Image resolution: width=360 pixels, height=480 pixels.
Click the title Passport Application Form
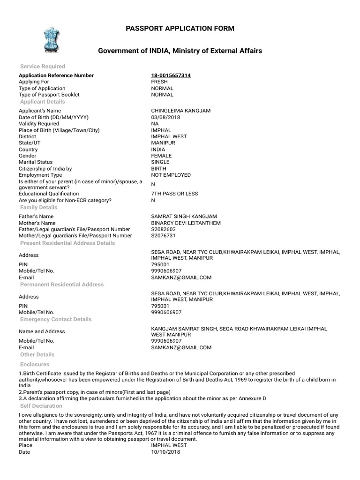tap(180, 29)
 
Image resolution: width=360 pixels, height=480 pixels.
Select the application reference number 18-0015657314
tap(171, 75)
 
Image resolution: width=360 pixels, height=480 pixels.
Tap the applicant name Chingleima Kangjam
tap(180, 111)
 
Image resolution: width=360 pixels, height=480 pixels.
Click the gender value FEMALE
tap(161, 156)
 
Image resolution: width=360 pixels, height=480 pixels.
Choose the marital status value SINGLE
tap(160, 162)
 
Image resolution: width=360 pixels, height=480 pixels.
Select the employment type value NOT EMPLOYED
tap(171, 175)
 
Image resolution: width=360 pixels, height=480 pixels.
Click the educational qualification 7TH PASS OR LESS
tap(174, 194)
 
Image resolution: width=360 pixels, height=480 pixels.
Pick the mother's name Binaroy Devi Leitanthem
tap(186, 223)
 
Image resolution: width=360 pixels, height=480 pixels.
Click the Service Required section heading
tap(43, 67)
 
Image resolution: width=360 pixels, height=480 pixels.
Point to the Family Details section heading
tap(39, 208)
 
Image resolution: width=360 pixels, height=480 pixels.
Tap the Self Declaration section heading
tap(41, 406)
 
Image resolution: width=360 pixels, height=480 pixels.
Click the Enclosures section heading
tap(35, 365)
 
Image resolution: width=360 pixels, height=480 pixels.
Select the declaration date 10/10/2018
tap(165, 452)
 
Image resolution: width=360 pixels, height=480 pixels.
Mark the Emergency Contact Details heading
tap(56, 320)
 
